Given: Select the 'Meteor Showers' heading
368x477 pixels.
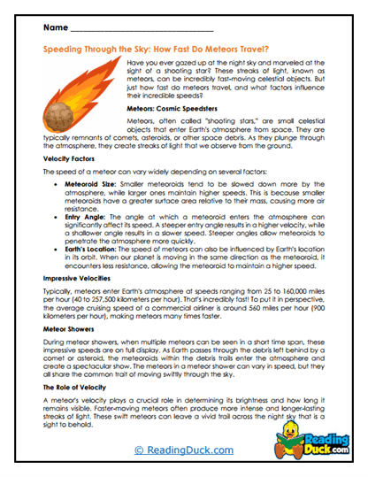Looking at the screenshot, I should [70, 354].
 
